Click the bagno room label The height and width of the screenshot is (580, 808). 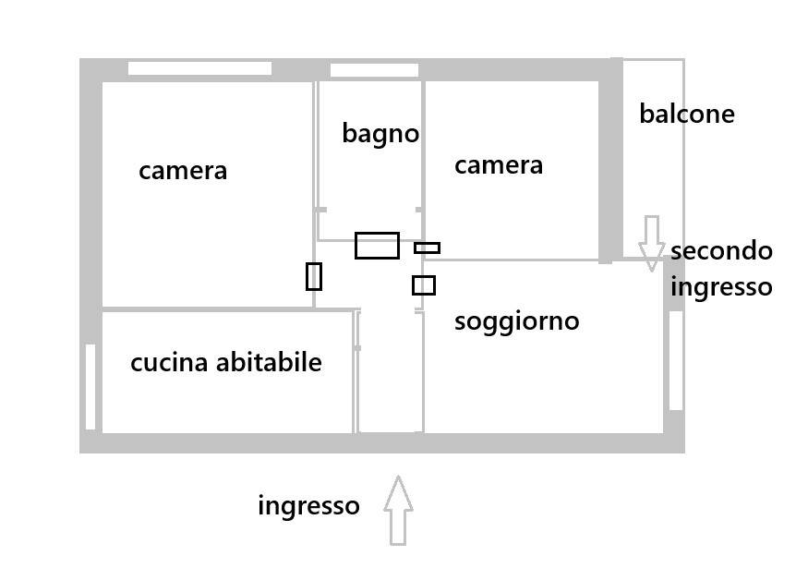tap(380, 133)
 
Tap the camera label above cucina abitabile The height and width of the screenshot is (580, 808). tap(183, 171)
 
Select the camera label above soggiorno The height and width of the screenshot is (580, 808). tap(499, 165)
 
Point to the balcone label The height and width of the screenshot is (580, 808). tap(687, 115)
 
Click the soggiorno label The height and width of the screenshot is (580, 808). tap(516, 321)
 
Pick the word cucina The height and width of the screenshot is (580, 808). tap(170, 363)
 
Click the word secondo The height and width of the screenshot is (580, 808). tap(721, 251)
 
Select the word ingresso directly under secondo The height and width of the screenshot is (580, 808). tap(721, 287)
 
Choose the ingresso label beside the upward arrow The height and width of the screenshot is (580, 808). tap(308, 506)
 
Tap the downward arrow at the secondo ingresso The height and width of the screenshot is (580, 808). tap(652, 243)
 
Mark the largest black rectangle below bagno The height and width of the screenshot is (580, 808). tap(377, 246)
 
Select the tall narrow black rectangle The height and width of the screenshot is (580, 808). tap(314, 276)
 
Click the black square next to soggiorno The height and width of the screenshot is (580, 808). tap(424, 285)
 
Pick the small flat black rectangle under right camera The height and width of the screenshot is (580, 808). tap(427, 248)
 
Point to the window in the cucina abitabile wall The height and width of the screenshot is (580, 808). tap(90, 386)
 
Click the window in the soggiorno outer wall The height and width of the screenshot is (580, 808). tap(675, 360)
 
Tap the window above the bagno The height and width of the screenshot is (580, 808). tap(374, 70)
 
